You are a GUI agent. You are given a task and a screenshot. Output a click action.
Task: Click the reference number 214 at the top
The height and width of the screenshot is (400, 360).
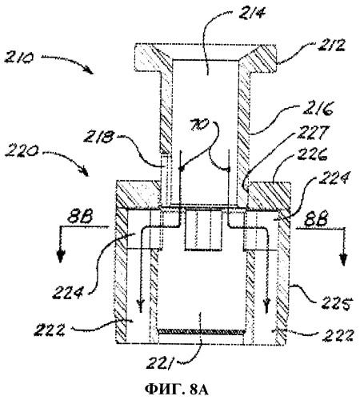coord(252,12)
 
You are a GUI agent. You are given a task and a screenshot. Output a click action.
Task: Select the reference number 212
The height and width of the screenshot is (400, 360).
coord(331,46)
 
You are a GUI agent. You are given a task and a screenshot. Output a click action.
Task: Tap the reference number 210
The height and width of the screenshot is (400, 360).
coord(18,57)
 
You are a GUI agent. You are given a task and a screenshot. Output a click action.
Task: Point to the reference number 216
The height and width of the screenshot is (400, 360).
coord(318,109)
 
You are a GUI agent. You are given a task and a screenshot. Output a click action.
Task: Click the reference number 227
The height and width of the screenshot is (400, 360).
coord(313,133)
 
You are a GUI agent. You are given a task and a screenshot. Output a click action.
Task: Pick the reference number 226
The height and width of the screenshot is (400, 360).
coord(312,154)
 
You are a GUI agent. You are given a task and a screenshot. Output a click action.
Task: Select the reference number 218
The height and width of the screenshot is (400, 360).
coord(98,138)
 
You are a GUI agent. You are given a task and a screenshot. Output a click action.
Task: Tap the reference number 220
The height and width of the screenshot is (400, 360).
coord(21,153)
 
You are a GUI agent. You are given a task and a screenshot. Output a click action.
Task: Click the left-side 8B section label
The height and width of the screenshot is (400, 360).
coord(80,218)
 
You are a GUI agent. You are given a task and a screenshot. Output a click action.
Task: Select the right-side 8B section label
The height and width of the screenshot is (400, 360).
coord(315,218)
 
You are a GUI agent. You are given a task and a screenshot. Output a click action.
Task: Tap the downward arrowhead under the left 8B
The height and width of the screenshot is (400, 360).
coord(61,258)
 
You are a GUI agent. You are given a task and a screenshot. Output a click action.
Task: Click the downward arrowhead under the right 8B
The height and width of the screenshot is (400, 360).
coord(343,259)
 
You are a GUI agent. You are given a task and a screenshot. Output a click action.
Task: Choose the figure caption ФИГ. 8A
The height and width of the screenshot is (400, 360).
coord(176,390)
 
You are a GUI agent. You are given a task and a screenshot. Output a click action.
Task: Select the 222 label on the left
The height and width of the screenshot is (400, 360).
coord(50,330)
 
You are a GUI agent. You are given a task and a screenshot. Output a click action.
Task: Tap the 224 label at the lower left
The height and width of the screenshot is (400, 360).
coord(67,293)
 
